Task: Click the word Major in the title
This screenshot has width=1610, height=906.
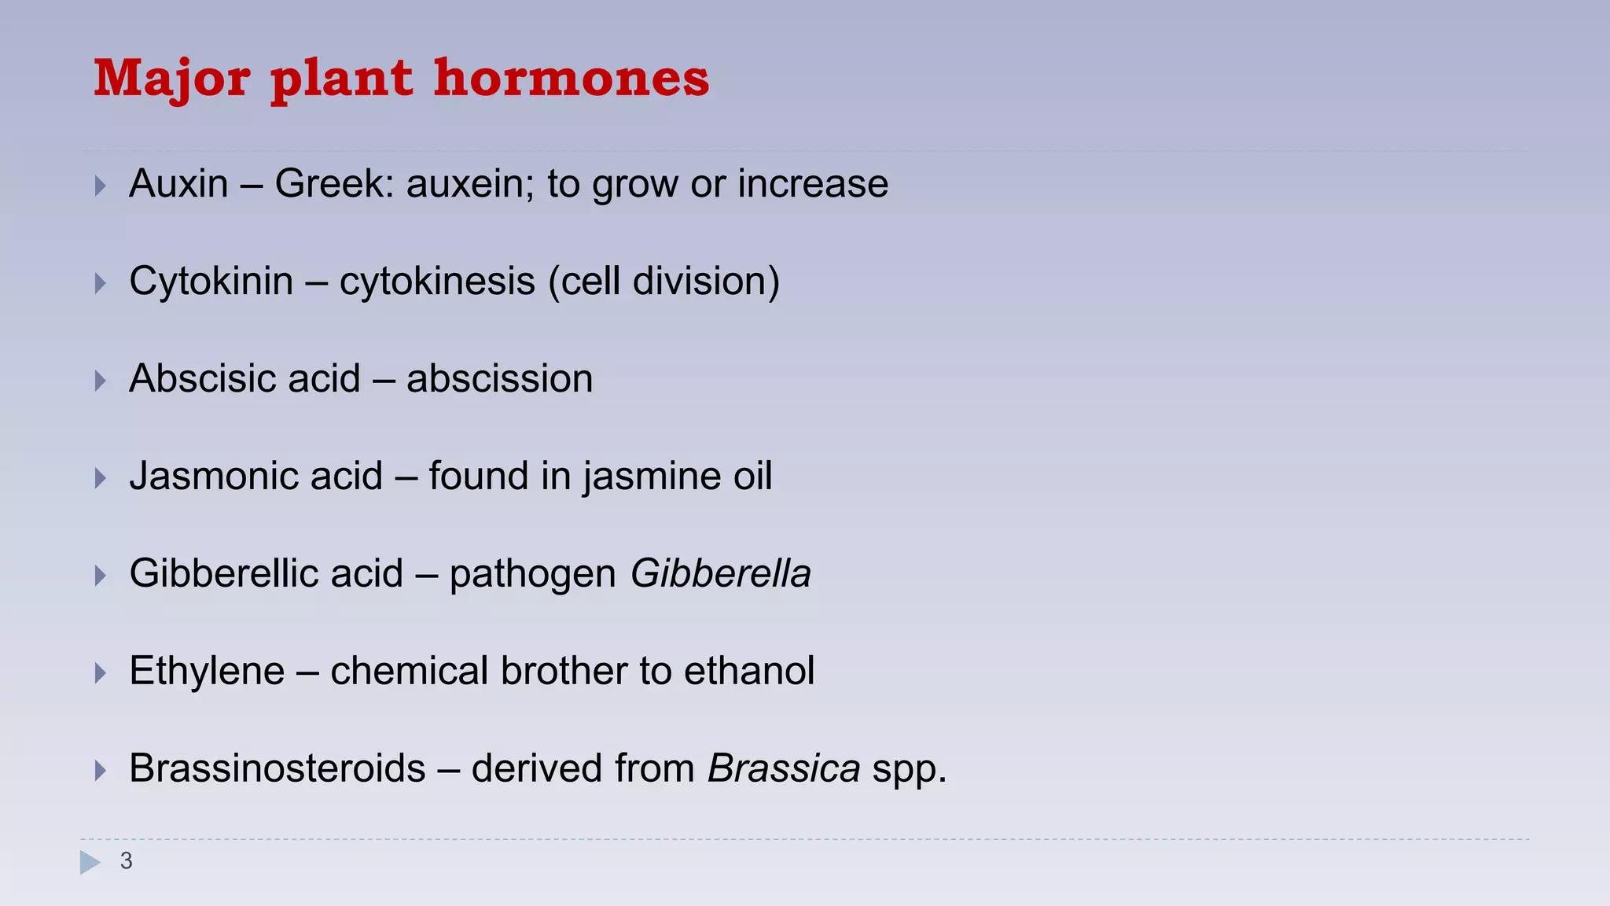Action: pyautogui.click(x=172, y=79)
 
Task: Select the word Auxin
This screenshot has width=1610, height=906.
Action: pyautogui.click(x=178, y=184)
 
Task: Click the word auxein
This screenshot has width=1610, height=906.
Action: pyautogui.click(x=469, y=184)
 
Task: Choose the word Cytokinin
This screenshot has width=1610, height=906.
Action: pyautogui.click(x=211, y=282)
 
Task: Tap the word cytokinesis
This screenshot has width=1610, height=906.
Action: pyautogui.click(x=437, y=282)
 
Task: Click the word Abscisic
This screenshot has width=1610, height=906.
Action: pyautogui.click(x=200, y=379)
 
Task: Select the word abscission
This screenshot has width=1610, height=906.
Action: pyautogui.click(x=499, y=379)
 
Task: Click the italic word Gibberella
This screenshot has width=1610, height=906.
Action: pyautogui.click(x=720, y=573)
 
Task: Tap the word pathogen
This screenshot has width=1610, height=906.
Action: pyautogui.click(x=532, y=575)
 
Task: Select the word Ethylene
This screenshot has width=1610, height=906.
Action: pyautogui.click(x=207, y=672)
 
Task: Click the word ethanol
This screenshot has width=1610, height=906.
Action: pyautogui.click(x=749, y=672)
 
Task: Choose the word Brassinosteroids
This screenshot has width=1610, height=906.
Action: pyautogui.click(x=277, y=768)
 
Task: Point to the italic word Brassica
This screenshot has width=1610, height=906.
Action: pyautogui.click(x=783, y=768)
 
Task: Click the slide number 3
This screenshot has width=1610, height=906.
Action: pyautogui.click(x=126, y=861)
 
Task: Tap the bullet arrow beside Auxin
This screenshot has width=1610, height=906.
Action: pyautogui.click(x=100, y=186)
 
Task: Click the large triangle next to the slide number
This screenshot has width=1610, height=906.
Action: pyautogui.click(x=90, y=862)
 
